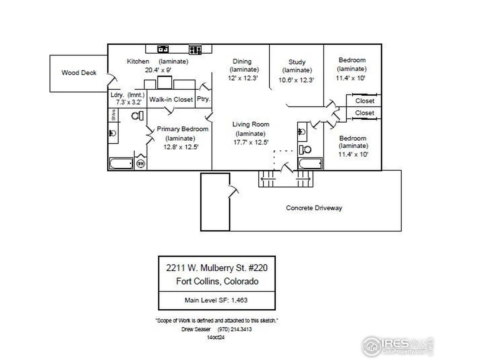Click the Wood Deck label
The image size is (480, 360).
(x=79, y=73)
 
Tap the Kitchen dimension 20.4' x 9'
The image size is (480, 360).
(x=157, y=70)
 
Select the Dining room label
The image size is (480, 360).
(x=242, y=61)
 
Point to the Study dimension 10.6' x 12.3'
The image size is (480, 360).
(x=296, y=80)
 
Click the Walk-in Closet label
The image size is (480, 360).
(x=171, y=100)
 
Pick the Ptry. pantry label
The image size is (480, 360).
(x=204, y=100)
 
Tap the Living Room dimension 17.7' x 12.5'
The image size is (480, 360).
(x=250, y=142)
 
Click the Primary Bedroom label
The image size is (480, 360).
(x=182, y=129)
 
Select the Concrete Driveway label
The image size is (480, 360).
(x=314, y=208)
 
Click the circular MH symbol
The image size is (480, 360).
(x=141, y=163)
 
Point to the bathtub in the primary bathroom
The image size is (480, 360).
(x=121, y=163)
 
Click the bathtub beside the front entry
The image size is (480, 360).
(x=310, y=164)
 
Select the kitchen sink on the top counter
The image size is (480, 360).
(x=163, y=49)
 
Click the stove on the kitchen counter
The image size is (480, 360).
(x=195, y=49)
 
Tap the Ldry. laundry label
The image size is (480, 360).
(x=115, y=95)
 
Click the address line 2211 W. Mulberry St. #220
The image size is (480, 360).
(x=217, y=268)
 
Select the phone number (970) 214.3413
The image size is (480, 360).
(x=234, y=330)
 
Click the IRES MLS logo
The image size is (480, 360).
(x=397, y=345)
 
